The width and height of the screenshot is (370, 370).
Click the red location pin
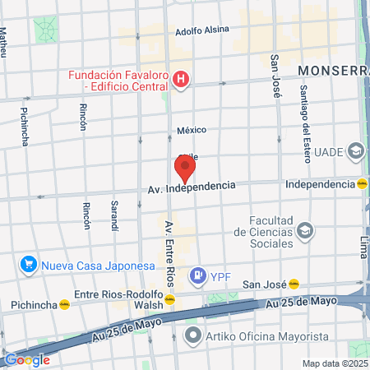185,169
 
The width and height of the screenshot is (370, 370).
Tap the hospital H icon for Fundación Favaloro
183,80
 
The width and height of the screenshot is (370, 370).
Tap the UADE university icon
356,151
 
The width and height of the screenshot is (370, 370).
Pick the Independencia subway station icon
363,184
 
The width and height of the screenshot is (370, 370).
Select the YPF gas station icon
197,275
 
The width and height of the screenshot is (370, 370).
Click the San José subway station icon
293,284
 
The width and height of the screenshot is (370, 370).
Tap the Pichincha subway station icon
64,304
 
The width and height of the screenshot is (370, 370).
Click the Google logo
26,359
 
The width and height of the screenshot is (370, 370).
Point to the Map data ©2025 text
333,363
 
